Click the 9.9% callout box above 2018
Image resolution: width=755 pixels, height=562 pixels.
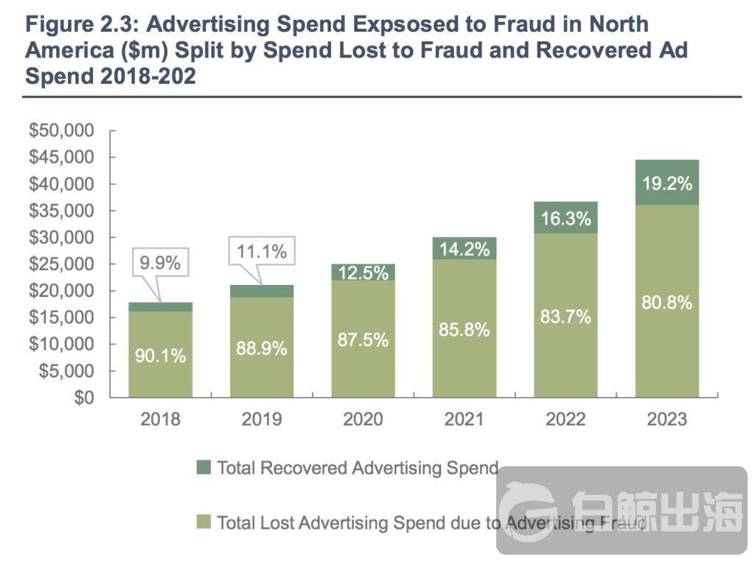tap(160, 263)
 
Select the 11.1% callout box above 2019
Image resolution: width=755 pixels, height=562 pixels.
tap(261, 252)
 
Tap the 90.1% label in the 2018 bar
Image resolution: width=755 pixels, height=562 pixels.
tap(160, 356)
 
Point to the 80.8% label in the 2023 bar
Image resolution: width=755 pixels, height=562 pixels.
tap(667, 303)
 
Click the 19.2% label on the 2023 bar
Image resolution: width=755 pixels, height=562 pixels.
tap(667, 184)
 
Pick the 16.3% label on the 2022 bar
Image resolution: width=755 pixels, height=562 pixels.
tap(566, 219)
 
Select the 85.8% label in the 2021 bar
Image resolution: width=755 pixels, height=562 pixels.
tap(464, 330)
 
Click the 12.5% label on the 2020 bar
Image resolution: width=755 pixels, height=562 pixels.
tap(363, 273)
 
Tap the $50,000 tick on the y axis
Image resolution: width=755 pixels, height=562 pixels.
tap(62, 131)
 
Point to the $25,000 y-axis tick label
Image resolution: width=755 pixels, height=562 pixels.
tap(62, 264)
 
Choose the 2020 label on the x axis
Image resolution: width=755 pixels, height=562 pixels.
tap(363, 420)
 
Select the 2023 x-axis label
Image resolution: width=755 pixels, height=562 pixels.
tap(667, 420)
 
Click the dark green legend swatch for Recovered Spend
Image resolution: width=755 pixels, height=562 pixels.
tap(203, 468)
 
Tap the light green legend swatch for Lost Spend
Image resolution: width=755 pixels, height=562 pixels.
tap(203, 522)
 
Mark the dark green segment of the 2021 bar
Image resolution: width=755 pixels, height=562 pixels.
tap(464, 248)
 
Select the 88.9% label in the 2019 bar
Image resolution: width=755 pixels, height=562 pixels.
tap(261, 348)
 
